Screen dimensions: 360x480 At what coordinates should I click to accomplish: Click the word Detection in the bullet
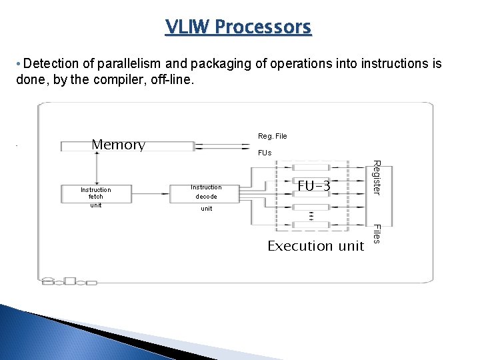[x=51, y=64]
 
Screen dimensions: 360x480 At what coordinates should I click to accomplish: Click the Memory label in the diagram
[x=118, y=145]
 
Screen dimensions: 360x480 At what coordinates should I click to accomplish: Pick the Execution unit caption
[x=315, y=246]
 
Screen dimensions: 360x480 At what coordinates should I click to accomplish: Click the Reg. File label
[x=272, y=136]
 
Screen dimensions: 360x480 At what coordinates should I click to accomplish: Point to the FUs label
[x=265, y=153]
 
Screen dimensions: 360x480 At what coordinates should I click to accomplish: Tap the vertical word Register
[x=376, y=177]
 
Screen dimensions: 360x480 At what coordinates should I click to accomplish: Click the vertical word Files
[x=376, y=233]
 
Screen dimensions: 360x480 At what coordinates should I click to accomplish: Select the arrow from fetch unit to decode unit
[x=150, y=193]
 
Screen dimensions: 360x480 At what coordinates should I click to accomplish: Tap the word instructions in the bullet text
[x=395, y=64]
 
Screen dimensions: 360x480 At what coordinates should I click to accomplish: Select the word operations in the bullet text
[x=291, y=64]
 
